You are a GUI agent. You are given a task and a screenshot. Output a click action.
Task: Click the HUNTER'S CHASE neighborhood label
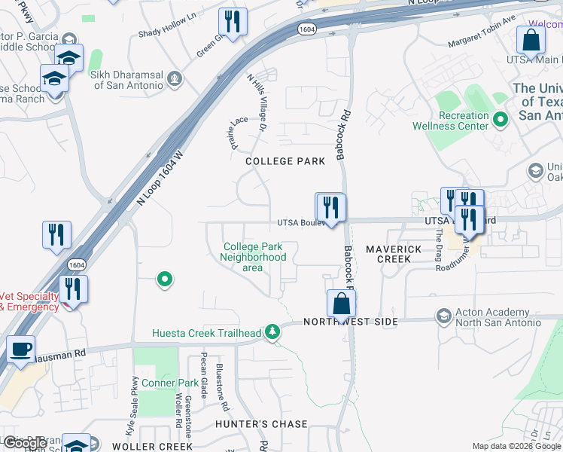point(261,424)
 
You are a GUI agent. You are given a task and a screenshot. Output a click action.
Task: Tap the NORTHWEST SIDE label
point(350,322)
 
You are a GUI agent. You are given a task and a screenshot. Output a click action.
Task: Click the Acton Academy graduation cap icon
point(444,315)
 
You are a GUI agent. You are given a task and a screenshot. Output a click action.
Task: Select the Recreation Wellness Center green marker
point(499,119)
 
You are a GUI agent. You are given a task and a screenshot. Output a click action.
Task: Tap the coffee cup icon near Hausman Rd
point(20,348)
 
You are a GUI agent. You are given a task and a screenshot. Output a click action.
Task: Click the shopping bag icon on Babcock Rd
point(341,303)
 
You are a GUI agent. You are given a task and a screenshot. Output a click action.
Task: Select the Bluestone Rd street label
point(223,385)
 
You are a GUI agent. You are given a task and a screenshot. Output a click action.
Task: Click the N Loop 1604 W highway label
point(160,178)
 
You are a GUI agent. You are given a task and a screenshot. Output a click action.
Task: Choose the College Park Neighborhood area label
point(253,257)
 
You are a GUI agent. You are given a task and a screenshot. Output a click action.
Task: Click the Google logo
point(25,444)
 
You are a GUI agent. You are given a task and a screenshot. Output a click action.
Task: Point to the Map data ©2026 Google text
point(516,446)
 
